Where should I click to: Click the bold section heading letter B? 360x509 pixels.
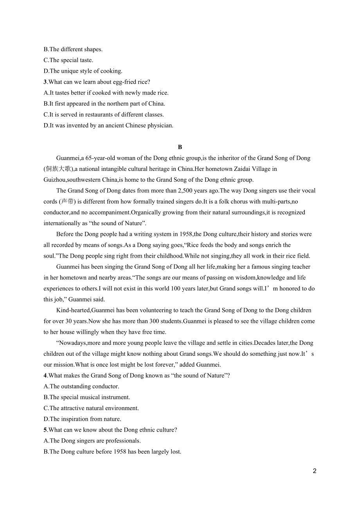180,147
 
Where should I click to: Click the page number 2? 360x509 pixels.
315,471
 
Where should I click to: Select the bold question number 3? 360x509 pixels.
45,82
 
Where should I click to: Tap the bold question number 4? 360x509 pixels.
45,376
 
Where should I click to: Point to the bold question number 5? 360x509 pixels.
45,430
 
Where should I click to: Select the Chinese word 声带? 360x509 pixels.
68,202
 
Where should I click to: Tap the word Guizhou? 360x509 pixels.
54,180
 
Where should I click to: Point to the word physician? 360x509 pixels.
159,126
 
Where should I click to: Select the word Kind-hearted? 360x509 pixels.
73,310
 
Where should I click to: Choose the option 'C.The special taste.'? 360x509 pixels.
68,60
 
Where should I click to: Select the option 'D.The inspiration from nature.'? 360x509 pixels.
82,419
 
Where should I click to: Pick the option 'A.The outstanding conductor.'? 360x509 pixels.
81,387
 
